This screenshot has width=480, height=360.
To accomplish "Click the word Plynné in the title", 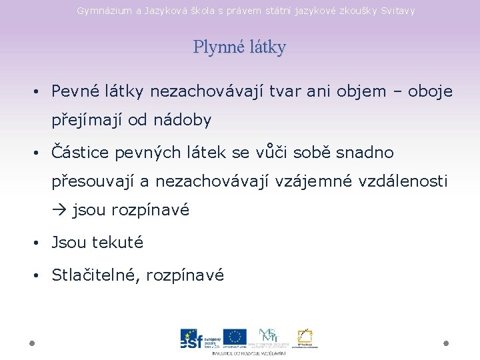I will pos(215,48).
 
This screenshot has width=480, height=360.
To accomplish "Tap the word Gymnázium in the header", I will pos(103,11).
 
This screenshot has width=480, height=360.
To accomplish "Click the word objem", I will pos(357,91).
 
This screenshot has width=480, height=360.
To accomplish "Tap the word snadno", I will pos(365,153).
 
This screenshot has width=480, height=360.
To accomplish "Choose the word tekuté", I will pos(118,243).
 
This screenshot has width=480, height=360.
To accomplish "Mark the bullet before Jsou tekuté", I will pos(41,243).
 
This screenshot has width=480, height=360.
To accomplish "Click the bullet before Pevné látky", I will pos(41,91).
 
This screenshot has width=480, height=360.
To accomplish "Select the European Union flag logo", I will pos(235,337).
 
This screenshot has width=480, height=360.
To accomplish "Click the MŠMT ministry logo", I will pos(269,337).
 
